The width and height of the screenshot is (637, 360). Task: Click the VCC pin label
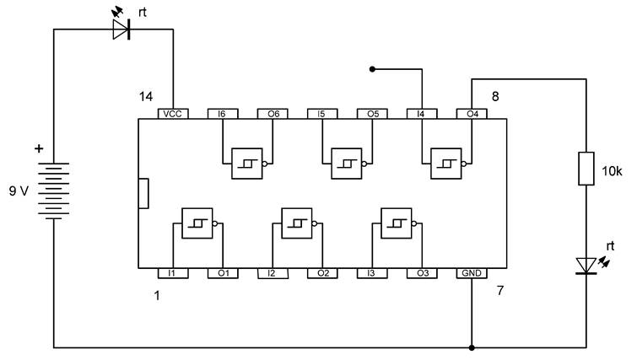173,113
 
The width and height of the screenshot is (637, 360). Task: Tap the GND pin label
471,274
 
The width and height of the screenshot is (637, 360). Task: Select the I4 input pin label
421,113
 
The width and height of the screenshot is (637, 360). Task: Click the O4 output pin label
471,113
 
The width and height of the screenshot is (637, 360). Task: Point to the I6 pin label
222,113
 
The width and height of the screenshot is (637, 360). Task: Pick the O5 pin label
371,113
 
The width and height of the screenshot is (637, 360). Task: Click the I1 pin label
172,274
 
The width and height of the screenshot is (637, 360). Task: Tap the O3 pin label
421,274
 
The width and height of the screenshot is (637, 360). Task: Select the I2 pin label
272,274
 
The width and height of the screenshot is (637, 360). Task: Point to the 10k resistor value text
612,171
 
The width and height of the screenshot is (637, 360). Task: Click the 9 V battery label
18,191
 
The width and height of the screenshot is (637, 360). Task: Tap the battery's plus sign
38,149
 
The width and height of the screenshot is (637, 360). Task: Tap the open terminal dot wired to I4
371,69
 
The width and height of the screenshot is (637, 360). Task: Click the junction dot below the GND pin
471,347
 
